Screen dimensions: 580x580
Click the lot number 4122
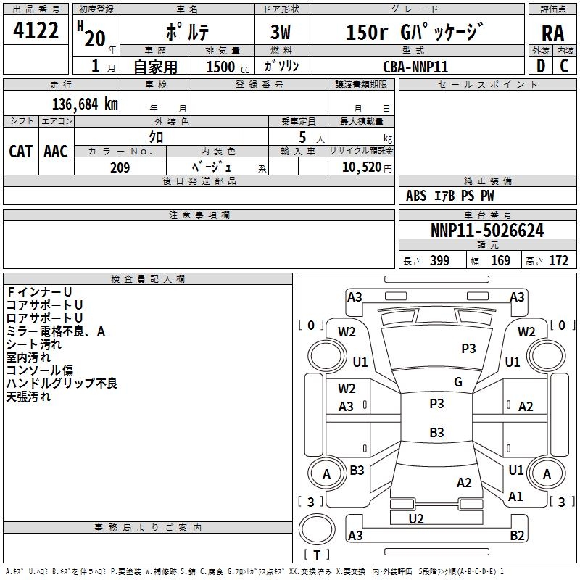point(36,32)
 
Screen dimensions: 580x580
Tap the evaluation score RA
point(552,33)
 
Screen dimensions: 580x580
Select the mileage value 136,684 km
point(85,104)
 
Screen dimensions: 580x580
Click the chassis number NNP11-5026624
point(487,231)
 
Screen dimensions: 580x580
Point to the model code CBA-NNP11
point(415,66)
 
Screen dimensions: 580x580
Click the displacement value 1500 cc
point(226,67)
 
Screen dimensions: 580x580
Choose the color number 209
point(120,167)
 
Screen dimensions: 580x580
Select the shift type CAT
point(20,151)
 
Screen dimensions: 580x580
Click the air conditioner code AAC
point(56,151)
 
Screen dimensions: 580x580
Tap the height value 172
point(558,261)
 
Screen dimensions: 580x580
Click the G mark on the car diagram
point(458,382)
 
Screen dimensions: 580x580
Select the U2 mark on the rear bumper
point(416,518)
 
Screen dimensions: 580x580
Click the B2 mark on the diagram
point(517,536)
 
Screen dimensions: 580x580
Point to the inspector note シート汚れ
point(34,344)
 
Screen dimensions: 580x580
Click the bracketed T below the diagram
point(317,555)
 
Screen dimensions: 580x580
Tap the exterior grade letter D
point(540,66)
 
